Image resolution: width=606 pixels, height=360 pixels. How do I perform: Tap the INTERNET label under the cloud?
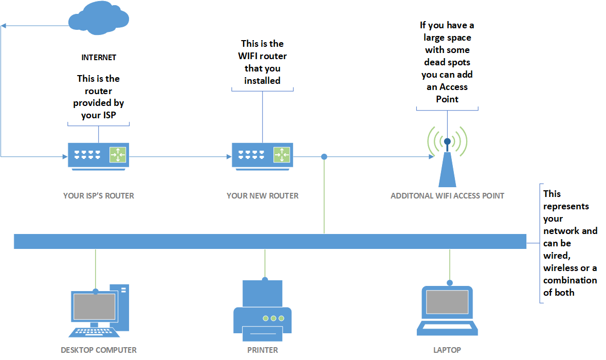point(99,58)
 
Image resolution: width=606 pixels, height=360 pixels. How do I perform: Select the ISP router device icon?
point(98,155)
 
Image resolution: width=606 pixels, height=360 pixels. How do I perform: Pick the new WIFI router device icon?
point(262,155)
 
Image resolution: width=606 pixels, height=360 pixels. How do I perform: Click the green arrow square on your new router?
point(281,154)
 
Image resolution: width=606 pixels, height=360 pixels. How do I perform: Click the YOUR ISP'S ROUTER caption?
point(98,195)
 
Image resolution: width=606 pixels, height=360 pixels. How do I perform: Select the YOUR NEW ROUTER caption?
point(262,195)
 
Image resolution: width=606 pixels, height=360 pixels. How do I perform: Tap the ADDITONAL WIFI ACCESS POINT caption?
point(447,195)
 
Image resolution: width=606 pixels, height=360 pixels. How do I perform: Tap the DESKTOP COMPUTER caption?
point(99,350)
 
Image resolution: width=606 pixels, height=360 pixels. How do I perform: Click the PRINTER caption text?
point(263,350)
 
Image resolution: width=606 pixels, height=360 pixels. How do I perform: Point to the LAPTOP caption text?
point(447,350)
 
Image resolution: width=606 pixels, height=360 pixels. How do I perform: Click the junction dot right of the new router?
point(324,156)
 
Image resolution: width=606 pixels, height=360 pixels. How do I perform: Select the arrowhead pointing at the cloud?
point(4,25)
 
